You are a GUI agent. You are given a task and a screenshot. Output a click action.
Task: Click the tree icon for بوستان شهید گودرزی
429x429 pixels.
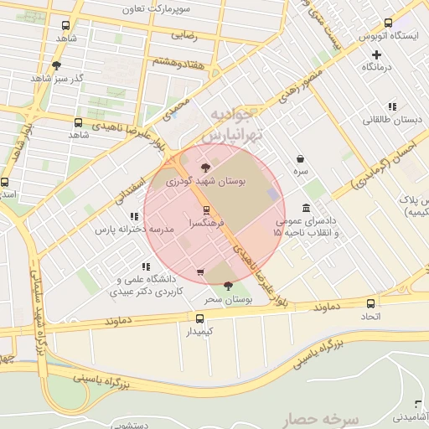coord(206,168)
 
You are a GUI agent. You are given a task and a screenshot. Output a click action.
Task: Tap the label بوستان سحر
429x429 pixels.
coord(229,299)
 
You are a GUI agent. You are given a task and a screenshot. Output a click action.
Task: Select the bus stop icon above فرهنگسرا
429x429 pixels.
coord(207,210)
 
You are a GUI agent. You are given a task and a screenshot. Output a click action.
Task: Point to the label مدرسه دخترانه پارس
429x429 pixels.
coord(134,229)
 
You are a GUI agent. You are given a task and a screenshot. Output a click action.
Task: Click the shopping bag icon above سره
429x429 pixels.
coord(300,158)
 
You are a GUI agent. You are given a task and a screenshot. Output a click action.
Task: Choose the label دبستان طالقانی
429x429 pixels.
coord(391,119)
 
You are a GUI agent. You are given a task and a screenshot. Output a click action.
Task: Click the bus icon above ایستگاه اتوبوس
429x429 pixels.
coord(386,23)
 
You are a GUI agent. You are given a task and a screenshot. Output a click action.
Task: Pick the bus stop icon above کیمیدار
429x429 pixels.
coord(199,318)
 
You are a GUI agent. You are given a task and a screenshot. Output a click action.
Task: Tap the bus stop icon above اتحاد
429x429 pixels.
coord(370,303)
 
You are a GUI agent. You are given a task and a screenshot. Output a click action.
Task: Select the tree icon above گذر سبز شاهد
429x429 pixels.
coord(56,65)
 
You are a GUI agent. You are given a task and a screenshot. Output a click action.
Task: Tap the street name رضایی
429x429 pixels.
coord(184,36)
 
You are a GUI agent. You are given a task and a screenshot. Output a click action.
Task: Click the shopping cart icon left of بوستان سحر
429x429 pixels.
coord(199,272)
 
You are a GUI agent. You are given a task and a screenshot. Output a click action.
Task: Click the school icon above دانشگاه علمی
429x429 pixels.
coord(147,266)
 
